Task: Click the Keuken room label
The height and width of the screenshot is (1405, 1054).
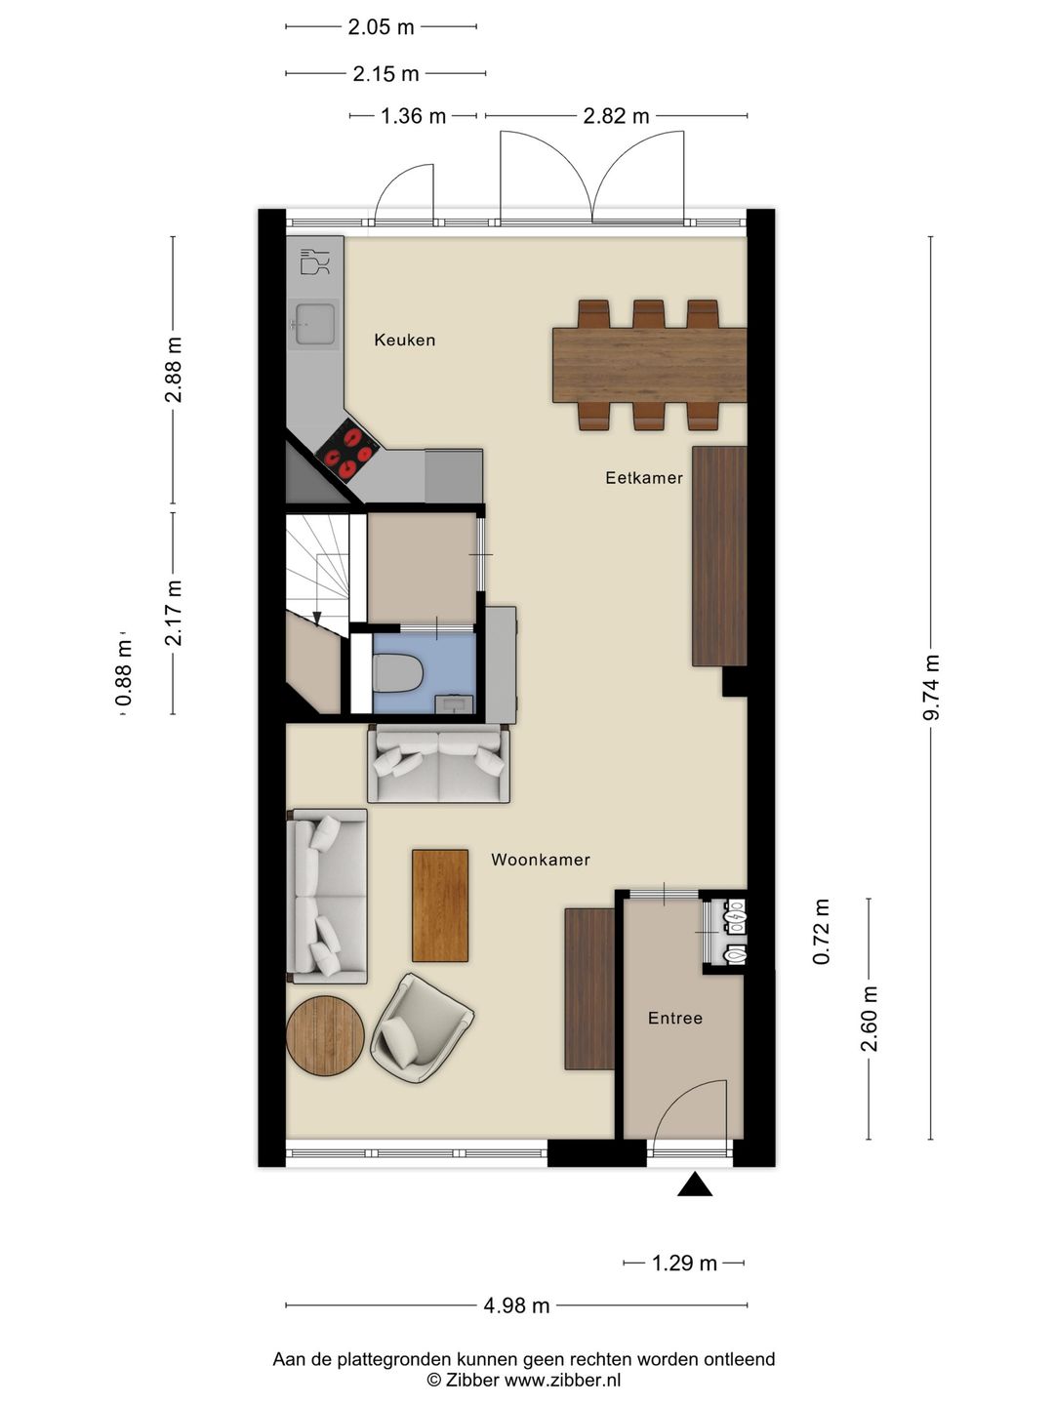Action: coord(404,340)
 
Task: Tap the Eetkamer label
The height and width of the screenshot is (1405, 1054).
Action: coord(643,477)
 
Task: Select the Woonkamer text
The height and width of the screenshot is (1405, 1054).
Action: coord(540,860)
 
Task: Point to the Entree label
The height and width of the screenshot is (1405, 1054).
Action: coord(674,1018)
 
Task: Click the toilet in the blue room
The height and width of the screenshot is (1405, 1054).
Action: coord(398,671)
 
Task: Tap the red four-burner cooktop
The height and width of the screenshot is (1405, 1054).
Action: coord(348,450)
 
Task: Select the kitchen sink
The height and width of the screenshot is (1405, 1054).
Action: coord(314,324)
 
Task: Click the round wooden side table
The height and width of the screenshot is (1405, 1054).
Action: coord(325,1034)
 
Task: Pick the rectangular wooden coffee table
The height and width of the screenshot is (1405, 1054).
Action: coord(440,904)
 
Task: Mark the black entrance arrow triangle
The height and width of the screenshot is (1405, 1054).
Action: coord(694,1184)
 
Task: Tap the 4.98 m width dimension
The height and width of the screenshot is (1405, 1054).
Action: coord(516,1305)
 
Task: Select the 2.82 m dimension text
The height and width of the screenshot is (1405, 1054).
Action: coord(616,116)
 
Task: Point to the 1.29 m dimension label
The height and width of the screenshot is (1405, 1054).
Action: coord(684,1264)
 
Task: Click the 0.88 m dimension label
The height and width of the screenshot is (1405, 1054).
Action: coord(124,673)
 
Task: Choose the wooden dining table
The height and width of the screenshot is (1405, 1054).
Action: coord(648,365)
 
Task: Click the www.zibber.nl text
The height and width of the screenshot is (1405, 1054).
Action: coord(561,1380)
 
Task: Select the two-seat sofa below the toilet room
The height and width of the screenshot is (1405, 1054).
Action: coord(438,765)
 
